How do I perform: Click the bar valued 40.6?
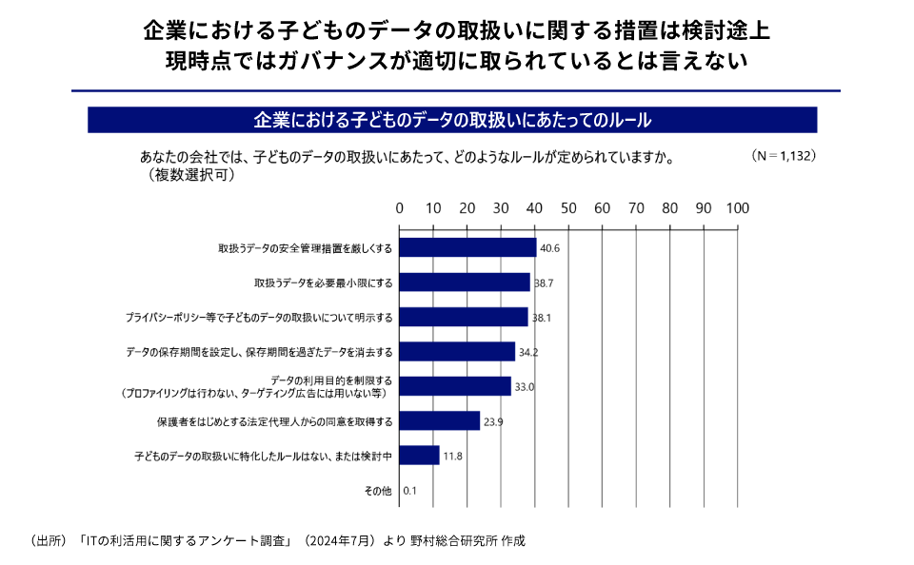coord(467,247)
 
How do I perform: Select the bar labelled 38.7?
coord(465,282)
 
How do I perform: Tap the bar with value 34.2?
coord(457,351)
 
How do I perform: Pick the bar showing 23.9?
coord(439,420)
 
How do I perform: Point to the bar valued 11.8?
coord(419,456)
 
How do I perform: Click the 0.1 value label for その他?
coord(411,491)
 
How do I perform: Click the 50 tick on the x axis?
coord(568,208)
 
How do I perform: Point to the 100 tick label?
coord(737,208)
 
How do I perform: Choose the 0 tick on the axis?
coord(400,208)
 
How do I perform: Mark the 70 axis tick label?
coord(636,208)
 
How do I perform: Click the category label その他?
coord(378,491)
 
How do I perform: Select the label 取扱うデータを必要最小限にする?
coord(324,282)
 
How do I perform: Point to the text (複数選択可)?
coord(190,175)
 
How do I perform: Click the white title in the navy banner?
coord(452,120)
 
